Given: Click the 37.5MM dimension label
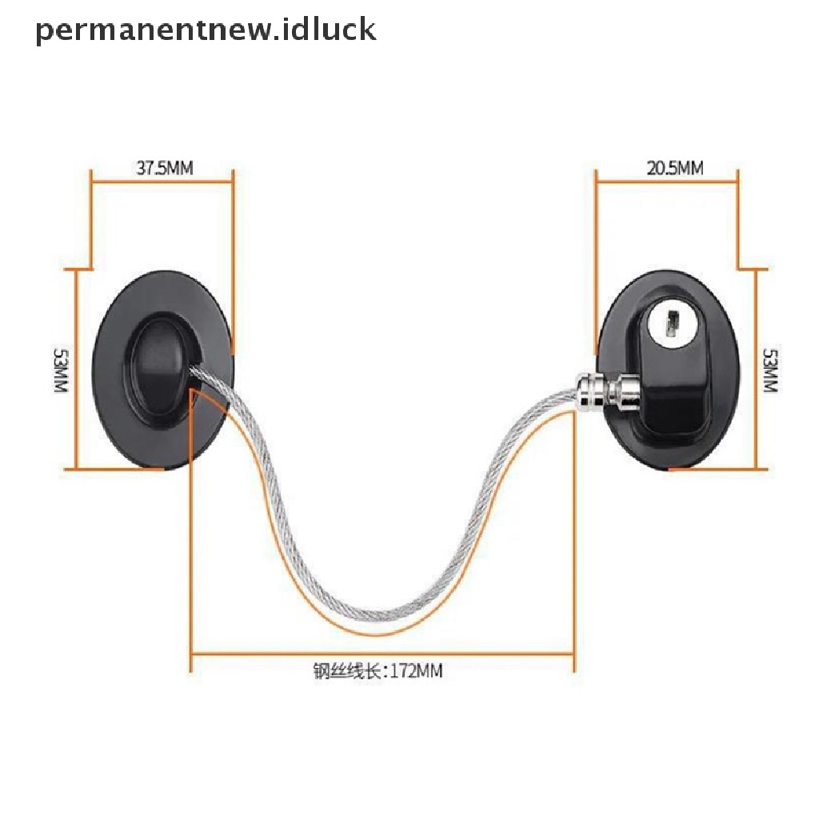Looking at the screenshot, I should (x=164, y=169).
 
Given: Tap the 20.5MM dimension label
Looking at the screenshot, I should (x=673, y=169).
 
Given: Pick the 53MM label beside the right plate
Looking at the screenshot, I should (x=770, y=369).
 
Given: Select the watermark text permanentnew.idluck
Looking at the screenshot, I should (x=206, y=30).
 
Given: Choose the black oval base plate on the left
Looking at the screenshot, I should (x=128, y=416).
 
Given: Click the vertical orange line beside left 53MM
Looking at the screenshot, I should (x=77, y=368).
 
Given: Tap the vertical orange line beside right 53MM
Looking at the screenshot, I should (x=756, y=369).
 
